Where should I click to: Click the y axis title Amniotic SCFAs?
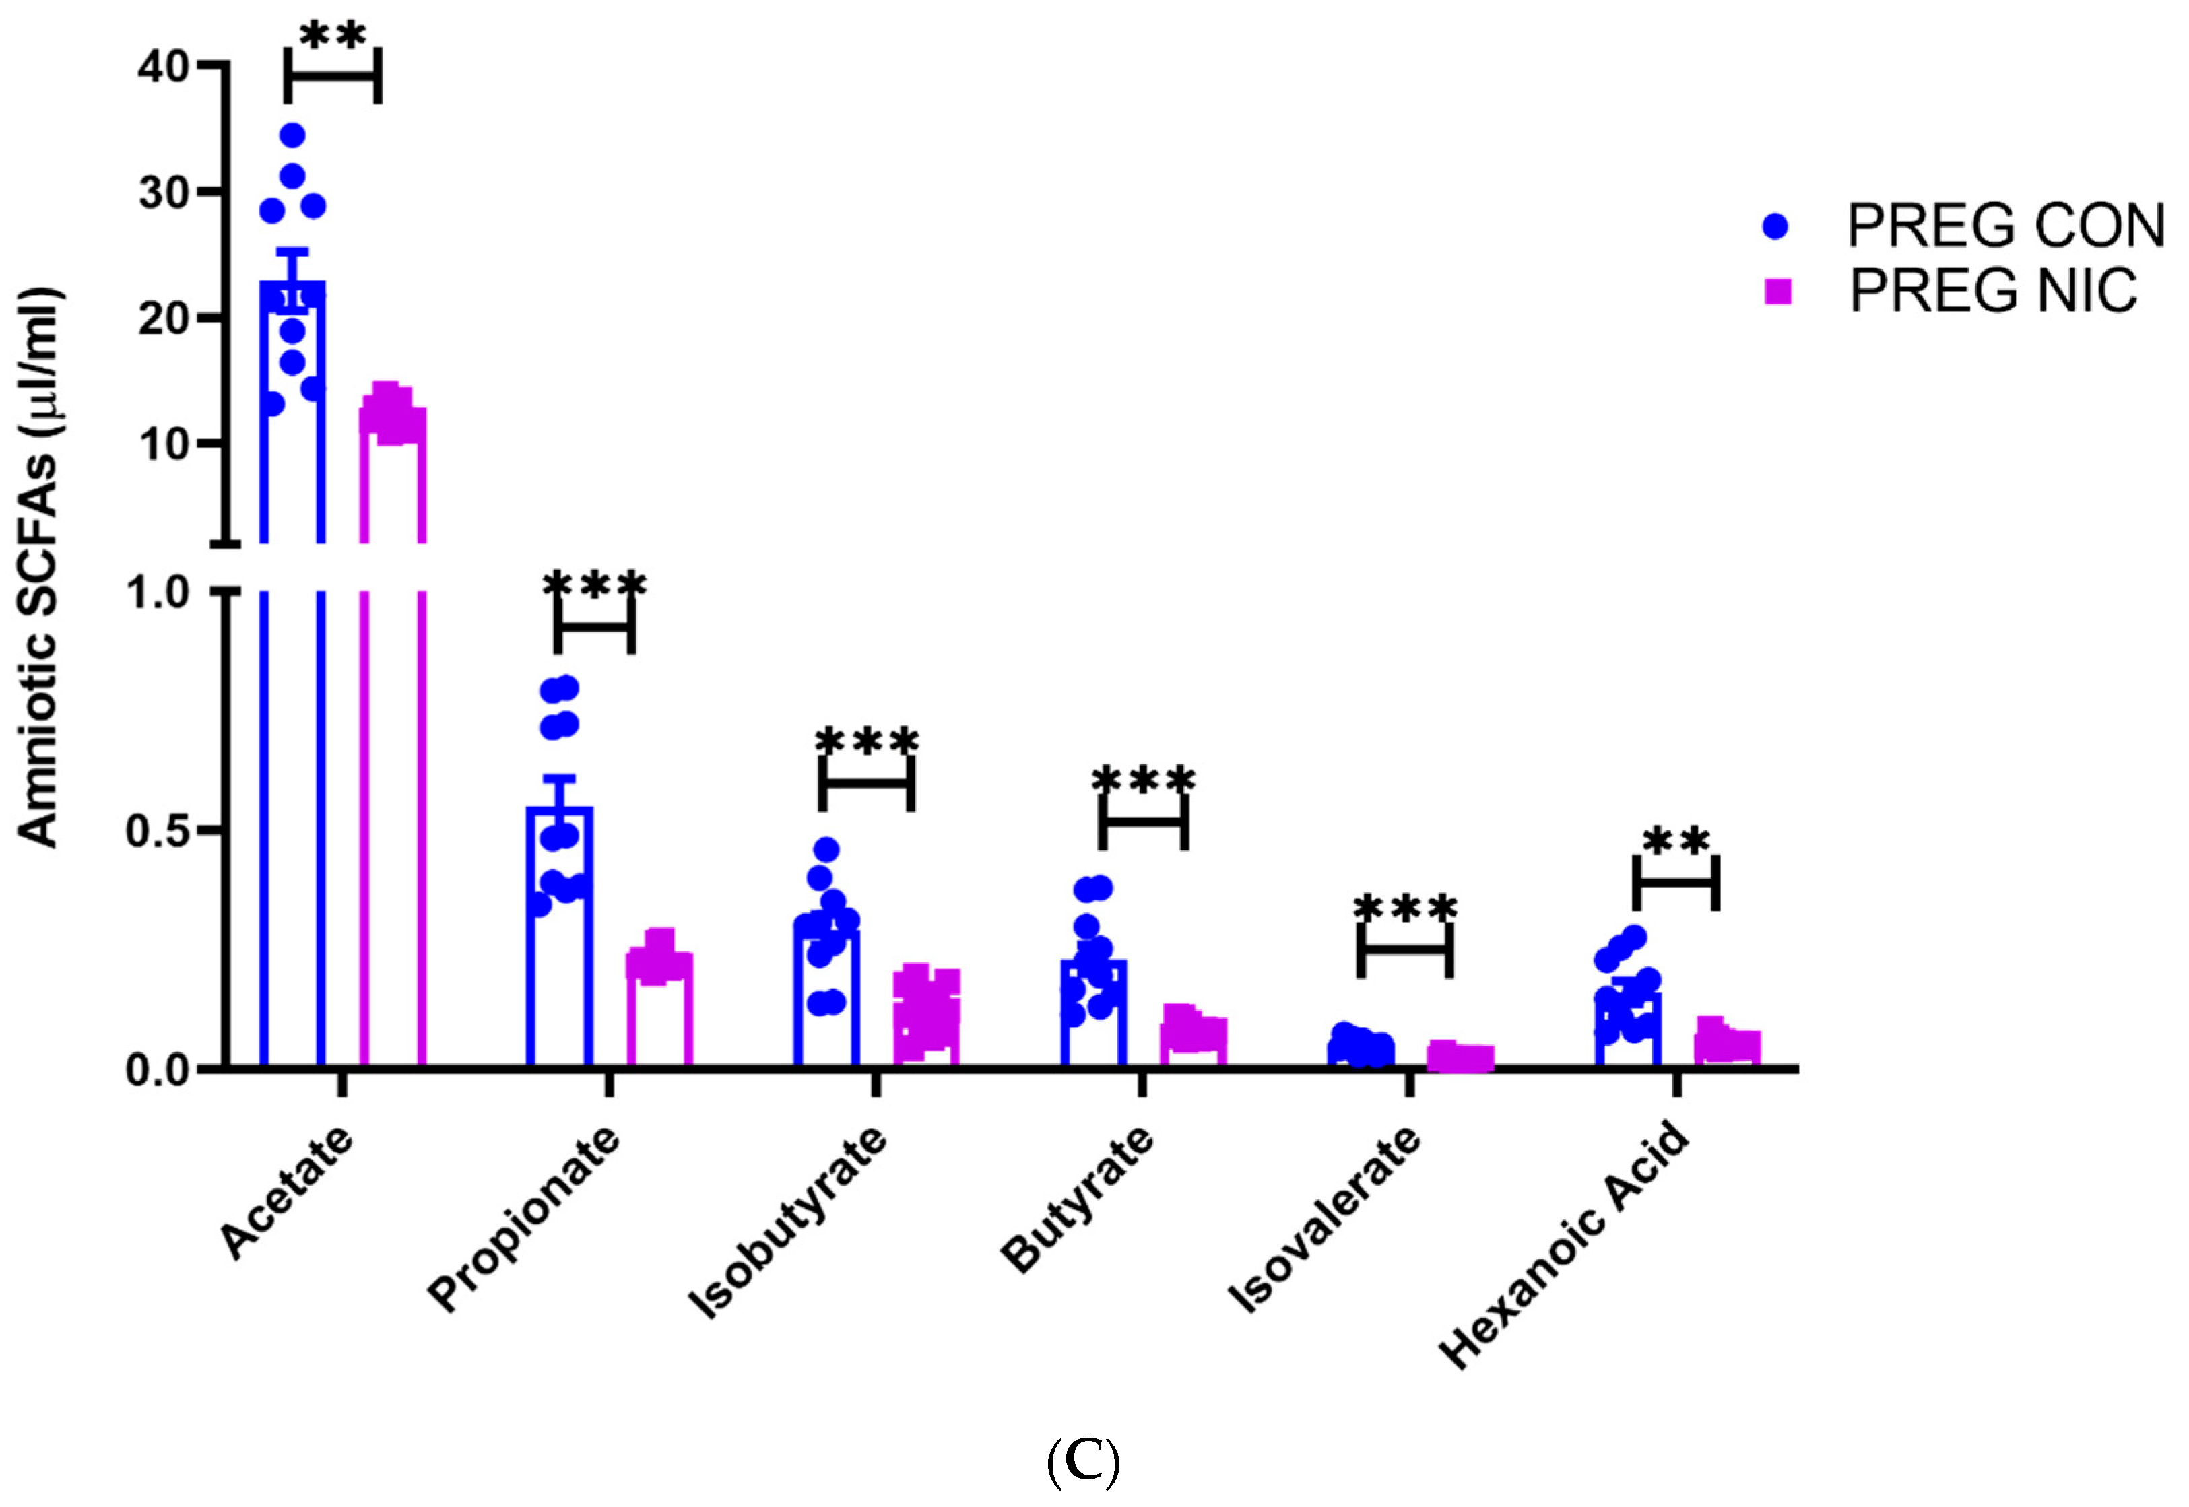40,566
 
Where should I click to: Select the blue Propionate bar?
559,944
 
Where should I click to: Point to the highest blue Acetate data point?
293,135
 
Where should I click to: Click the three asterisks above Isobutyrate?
866,742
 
